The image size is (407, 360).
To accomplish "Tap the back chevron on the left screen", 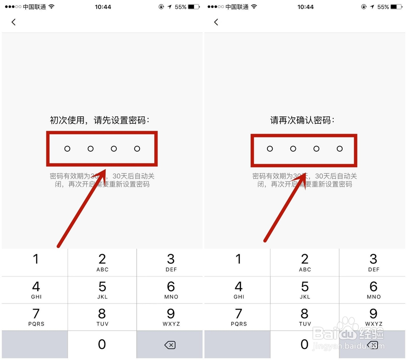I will coord(13,22).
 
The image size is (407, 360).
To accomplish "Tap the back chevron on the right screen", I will coord(216,22).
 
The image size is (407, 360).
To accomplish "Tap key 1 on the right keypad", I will coord(239,262).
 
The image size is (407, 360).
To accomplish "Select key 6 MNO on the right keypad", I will coord(374,290).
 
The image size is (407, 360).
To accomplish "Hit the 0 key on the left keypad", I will coord(102,345).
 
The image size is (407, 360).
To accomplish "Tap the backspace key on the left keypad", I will coord(170,345).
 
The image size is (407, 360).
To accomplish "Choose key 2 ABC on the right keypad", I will coord(305,262).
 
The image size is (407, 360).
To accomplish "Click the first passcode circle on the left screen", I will coord(67,149).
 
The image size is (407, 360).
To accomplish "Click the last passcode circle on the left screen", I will coord(137,149).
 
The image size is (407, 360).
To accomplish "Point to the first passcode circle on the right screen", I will coord(270,149).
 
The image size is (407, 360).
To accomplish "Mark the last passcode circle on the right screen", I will coord(340,149).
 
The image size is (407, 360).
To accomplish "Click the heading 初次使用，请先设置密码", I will coord(100,120).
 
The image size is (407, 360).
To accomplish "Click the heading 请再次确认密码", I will coord(302,120).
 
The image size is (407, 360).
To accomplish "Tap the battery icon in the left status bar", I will coord(194,7).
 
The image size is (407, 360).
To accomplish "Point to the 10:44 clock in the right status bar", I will coord(306,7).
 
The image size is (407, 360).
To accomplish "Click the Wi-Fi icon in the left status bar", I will coord(51,7).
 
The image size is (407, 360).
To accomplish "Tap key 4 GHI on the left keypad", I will coord(36,290).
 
